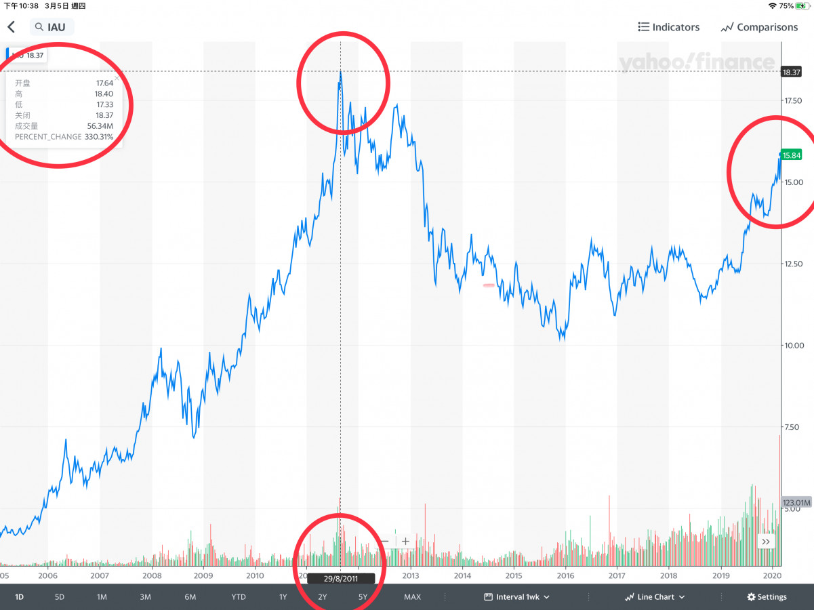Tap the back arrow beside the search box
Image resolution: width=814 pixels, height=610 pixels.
[x=12, y=27]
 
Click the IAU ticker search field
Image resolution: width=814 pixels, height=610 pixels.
[x=52, y=27]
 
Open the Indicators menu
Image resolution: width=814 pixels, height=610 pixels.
[x=668, y=27]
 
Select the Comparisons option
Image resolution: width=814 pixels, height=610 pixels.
[x=759, y=27]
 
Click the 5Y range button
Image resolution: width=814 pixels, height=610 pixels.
[x=363, y=597]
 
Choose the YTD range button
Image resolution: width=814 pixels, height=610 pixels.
[x=238, y=597]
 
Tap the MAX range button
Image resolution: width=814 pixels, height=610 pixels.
[x=412, y=597]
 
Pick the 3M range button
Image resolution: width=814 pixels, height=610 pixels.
[x=145, y=597]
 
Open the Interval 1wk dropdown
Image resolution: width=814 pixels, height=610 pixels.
[x=517, y=597]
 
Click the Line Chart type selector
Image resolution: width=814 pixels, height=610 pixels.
[x=654, y=597]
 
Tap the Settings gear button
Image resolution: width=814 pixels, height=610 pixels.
[x=767, y=597]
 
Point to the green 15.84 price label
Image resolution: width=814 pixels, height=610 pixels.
[x=792, y=155]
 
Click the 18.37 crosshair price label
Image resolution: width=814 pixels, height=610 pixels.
[x=792, y=71]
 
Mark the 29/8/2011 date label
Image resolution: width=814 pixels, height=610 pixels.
[x=341, y=578]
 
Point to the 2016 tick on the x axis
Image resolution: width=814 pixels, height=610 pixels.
[x=565, y=575]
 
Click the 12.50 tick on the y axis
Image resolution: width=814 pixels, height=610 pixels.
[x=794, y=264]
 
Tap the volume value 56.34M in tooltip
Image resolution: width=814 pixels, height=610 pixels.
[x=100, y=126]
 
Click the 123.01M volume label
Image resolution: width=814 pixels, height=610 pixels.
[x=797, y=502]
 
